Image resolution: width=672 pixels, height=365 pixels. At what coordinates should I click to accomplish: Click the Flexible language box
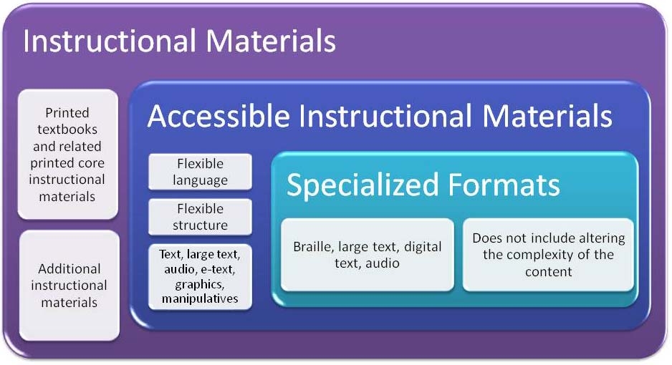pos(200,172)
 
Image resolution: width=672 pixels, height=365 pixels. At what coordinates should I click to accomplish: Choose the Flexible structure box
pos(200,217)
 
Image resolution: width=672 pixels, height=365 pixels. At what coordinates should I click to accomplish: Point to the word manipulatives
pos(200,298)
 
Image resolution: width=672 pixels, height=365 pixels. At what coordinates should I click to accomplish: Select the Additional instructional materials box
pos(69,286)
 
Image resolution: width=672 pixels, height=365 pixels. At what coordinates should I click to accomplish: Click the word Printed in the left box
pos(67,112)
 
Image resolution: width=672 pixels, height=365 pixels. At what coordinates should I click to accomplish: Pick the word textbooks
pos(67,130)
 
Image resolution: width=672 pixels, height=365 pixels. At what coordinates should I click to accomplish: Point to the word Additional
pos(69,268)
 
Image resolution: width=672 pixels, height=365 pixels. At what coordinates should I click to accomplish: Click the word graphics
pos(199,285)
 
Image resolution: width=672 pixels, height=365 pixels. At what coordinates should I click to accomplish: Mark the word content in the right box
pos(549,272)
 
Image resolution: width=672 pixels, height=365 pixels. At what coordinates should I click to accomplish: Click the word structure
pos(200,225)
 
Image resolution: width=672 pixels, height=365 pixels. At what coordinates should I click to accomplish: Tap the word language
pos(200,180)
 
